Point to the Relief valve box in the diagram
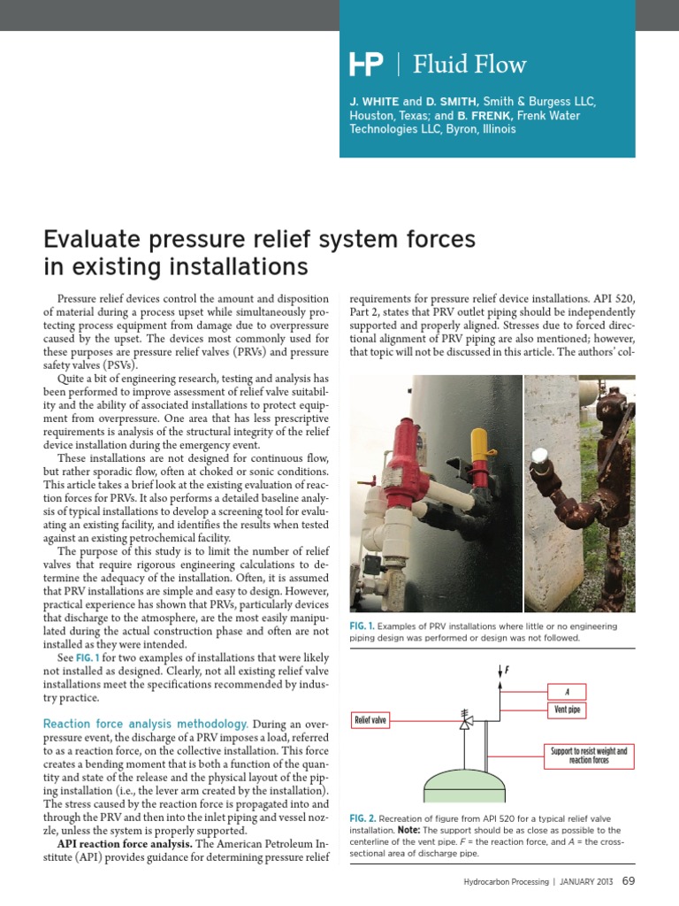(371, 719)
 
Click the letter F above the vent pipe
(506, 670)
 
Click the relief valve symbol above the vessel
(466, 723)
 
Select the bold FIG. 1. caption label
(362, 626)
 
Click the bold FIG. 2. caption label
(363, 818)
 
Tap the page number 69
(629, 881)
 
